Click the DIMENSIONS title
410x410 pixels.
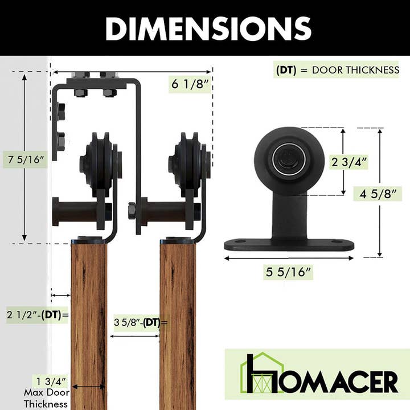208,28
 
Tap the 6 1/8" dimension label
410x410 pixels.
190,85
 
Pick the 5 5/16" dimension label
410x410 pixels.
288,272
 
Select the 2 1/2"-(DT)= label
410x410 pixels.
38,314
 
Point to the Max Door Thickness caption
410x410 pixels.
47,398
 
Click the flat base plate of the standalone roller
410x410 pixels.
289,244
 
